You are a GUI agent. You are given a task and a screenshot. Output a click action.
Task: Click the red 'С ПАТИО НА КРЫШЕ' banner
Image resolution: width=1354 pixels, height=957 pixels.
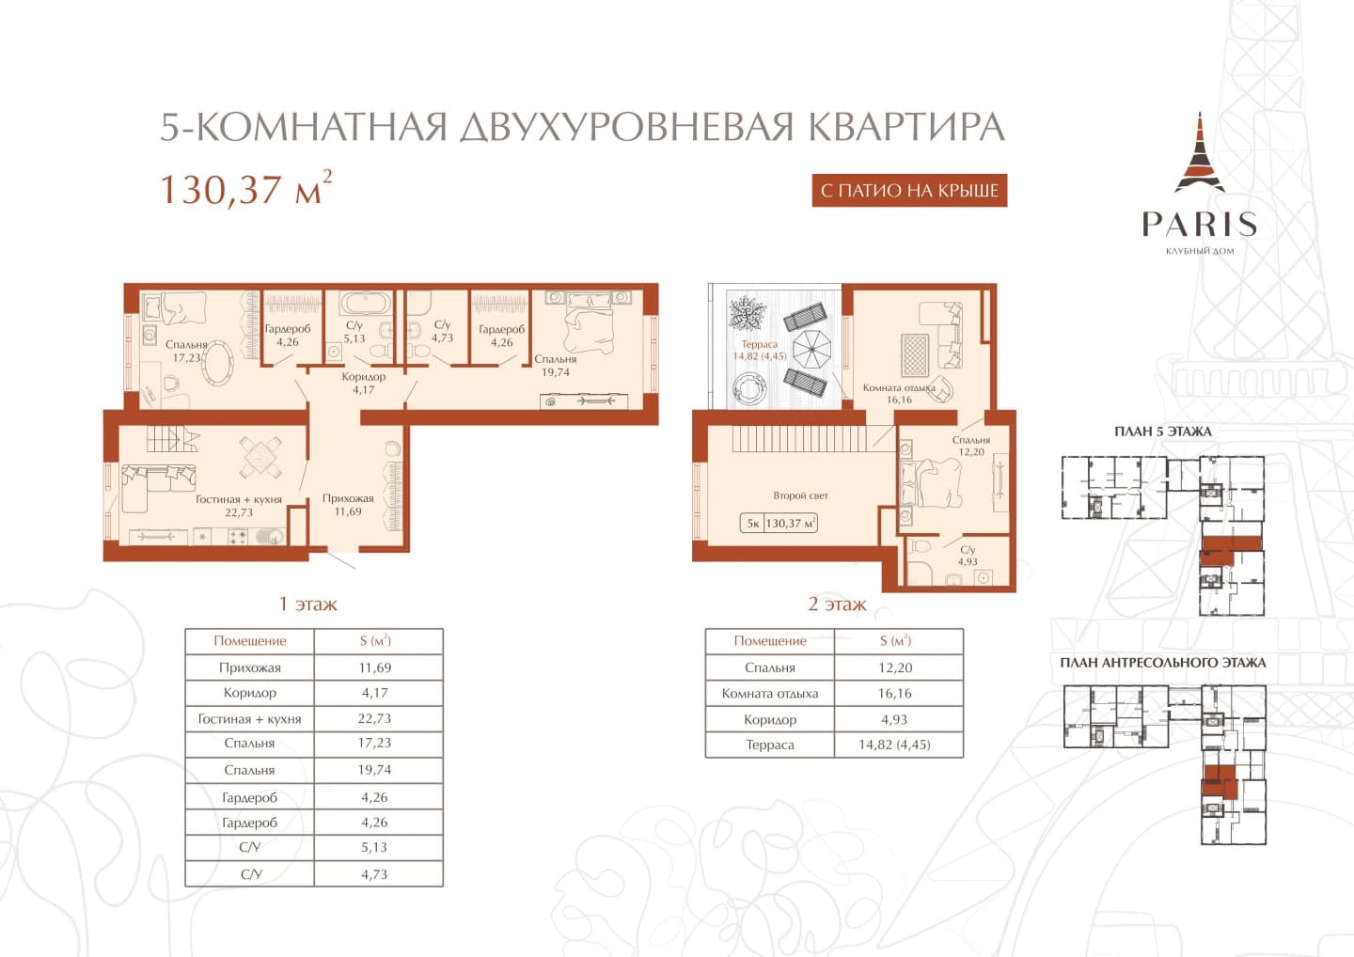click(909, 190)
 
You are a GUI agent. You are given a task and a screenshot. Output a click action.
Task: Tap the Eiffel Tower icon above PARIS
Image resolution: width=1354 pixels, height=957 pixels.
click(1200, 153)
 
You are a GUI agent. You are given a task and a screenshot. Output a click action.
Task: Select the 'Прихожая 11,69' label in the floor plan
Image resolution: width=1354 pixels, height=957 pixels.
click(348, 505)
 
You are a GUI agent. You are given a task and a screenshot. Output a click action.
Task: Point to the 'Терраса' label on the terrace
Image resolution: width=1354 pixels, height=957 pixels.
click(759, 344)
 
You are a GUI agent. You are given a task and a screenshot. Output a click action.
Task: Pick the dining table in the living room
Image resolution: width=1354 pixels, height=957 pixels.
click(260, 458)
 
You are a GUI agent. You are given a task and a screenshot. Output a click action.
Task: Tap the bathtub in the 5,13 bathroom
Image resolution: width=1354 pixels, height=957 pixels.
click(361, 303)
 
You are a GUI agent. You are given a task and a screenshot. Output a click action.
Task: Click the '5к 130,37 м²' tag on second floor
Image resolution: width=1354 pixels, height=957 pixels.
click(779, 524)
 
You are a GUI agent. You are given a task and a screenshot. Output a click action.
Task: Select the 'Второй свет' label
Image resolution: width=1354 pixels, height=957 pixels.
click(800, 495)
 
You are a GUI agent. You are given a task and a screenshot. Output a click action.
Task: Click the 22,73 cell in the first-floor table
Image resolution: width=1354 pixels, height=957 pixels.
click(375, 718)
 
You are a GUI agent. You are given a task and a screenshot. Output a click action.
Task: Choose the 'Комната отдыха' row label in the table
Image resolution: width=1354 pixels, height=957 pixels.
click(769, 694)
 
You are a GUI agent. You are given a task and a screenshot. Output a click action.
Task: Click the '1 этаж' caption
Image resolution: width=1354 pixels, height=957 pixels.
click(307, 604)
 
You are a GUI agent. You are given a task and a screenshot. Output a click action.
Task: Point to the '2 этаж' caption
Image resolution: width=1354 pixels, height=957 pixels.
click(837, 604)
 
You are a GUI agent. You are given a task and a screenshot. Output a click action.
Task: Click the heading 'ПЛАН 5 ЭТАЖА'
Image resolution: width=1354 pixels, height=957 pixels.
click(1162, 431)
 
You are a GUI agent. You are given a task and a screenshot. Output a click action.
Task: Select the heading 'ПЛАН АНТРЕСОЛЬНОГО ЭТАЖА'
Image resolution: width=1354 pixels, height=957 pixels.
click(1163, 663)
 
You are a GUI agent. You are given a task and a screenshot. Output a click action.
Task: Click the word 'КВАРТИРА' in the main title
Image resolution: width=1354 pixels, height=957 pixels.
click(905, 126)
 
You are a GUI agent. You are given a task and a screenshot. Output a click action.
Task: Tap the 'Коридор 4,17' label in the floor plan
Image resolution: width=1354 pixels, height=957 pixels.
click(363, 383)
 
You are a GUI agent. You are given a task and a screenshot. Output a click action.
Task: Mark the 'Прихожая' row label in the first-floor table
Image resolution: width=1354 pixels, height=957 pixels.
click(250, 667)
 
